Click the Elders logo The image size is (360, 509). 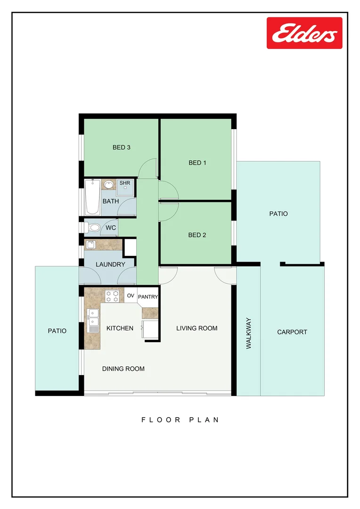(x=304, y=33)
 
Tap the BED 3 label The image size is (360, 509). (x=121, y=148)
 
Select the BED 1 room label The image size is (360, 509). (x=197, y=163)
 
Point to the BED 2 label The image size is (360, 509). (x=197, y=235)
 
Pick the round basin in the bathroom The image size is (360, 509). (x=109, y=184)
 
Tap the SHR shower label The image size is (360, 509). (x=124, y=183)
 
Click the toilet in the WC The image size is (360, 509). (x=93, y=228)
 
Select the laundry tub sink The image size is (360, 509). (x=90, y=244)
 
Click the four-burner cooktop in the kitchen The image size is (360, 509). (x=112, y=296)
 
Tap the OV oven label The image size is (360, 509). (x=131, y=296)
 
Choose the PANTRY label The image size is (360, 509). (x=148, y=297)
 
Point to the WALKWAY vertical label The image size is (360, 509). (x=249, y=333)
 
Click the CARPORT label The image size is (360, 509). (x=292, y=332)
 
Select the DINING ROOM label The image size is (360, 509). (x=123, y=369)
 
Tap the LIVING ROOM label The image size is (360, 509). (x=197, y=328)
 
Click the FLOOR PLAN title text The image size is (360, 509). (x=180, y=419)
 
